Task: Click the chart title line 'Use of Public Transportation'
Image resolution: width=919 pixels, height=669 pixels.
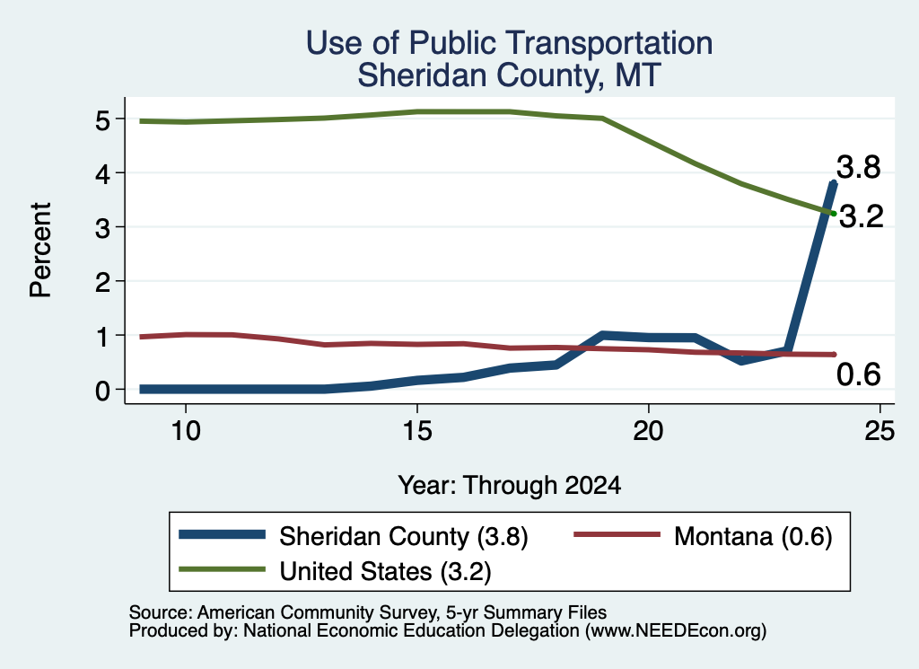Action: [x=509, y=43]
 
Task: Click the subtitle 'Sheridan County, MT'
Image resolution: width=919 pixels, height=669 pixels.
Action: [x=509, y=76]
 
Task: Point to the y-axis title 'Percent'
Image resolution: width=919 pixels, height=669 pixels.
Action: [x=40, y=251]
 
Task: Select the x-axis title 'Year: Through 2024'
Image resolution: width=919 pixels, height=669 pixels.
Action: [x=510, y=486]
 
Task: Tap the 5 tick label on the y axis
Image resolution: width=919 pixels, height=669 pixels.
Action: [x=102, y=120]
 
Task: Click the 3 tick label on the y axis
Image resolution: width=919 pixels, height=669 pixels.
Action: [x=102, y=228]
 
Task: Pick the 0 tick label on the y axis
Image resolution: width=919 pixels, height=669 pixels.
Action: [x=102, y=391]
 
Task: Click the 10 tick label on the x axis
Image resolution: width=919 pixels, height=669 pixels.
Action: [x=186, y=431]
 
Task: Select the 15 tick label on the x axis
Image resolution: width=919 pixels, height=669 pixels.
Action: [x=417, y=431]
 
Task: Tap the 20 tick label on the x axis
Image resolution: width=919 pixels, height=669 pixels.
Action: [x=648, y=431]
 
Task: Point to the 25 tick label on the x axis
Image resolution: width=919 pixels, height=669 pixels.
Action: [x=880, y=431]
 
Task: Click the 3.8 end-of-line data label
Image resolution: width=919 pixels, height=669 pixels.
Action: [x=858, y=167]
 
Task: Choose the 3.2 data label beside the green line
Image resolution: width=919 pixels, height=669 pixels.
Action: [x=861, y=217]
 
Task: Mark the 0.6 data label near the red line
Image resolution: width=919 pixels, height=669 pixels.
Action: [x=859, y=374]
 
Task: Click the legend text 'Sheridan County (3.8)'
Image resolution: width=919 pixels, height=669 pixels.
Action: [x=404, y=536]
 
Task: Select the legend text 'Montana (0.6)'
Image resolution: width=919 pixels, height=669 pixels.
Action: [x=753, y=536]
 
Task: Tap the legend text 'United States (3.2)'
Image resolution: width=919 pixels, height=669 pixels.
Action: [x=385, y=571]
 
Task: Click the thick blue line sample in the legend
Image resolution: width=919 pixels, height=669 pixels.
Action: [x=223, y=534]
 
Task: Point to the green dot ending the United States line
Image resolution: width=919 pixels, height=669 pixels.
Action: [x=833, y=213]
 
